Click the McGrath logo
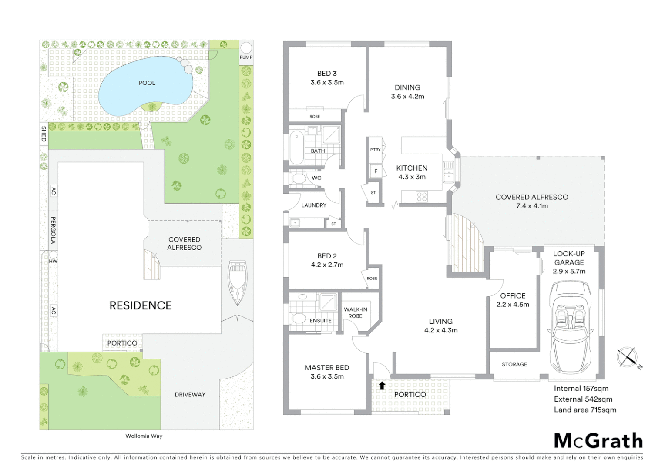coord(598,441)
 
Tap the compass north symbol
coord(628,357)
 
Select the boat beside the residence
coord(237,283)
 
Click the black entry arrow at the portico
coord(382,385)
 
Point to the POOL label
coord(147,83)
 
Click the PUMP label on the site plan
coord(246,57)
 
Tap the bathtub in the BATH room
coord(297,148)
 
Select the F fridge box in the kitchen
coord(376,171)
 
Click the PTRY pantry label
coord(375,150)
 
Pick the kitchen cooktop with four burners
coord(422,197)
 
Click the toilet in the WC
coord(298,178)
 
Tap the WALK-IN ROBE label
coord(356,312)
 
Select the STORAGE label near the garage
coord(514,364)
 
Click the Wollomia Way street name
coord(144,436)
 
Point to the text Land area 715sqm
coord(585,410)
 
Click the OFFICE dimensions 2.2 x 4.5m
coord(513,305)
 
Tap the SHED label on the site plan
coord(44,134)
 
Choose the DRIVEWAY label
coord(190,394)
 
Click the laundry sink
coord(295,223)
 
